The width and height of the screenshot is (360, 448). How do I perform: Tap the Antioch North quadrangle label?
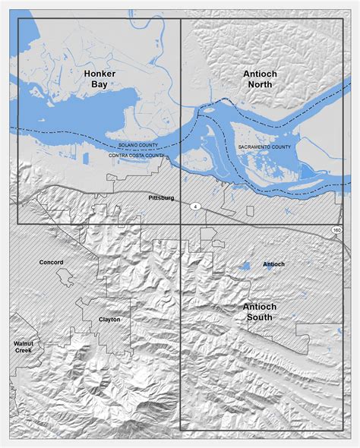(x=260, y=79)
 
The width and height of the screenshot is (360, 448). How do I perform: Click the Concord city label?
(x=52, y=262)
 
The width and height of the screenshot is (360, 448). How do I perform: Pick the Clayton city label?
(x=109, y=320)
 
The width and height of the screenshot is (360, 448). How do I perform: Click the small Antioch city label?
(x=273, y=264)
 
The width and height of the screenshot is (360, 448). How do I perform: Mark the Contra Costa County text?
(x=135, y=155)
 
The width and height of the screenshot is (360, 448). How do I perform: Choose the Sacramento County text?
(x=264, y=144)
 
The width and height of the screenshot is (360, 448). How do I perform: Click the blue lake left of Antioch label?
(x=245, y=267)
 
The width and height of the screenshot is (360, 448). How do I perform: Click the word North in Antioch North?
(x=260, y=85)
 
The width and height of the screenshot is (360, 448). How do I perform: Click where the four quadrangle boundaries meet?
(x=180, y=224)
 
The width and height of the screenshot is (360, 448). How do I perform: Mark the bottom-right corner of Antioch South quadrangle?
(x=341, y=430)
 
